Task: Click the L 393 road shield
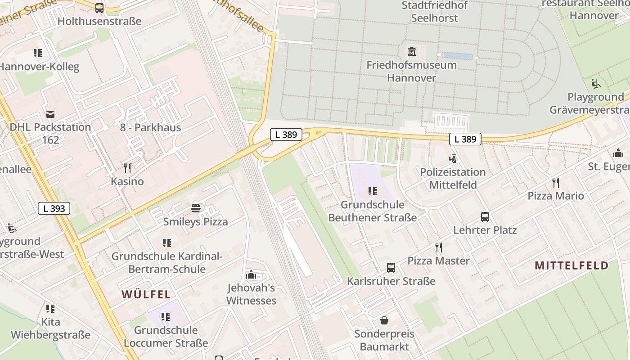pos(54,208)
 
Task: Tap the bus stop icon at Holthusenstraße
pos(99,8)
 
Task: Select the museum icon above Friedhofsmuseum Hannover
pos(411,52)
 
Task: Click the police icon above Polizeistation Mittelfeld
pos(453,159)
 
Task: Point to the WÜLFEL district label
pos(146,295)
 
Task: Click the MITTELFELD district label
pos(571,265)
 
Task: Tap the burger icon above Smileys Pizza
pos(196,208)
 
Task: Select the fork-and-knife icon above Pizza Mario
pos(556,183)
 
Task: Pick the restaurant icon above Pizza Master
pos(439,247)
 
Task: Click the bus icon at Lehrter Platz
pos(485,217)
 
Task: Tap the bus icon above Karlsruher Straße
pos(391,268)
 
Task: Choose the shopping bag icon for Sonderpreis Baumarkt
pos(384,320)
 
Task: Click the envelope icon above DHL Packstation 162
pos(50,114)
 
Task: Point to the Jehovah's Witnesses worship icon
pos(251,274)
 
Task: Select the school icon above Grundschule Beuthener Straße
pos(372,191)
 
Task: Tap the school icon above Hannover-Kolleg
pos(38,54)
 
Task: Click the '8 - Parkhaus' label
pos(150,127)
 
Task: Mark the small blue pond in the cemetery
pos(457,56)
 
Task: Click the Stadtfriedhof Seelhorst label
pos(434,12)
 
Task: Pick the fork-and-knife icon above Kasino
pos(128,168)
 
